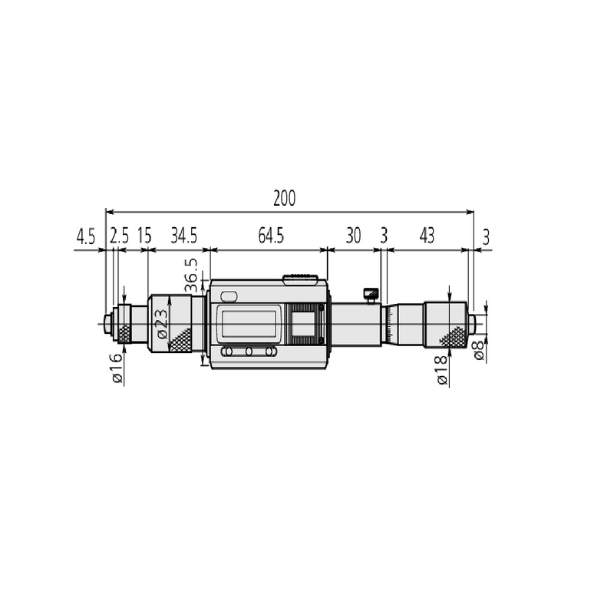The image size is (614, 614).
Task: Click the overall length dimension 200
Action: [x=284, y=198]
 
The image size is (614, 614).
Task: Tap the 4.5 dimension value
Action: [x=85, y=237]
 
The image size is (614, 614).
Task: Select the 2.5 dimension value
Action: [x=119, y=236]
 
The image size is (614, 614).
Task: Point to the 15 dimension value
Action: [x=144, y=236]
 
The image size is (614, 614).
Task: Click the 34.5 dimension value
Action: [x=183, y=236]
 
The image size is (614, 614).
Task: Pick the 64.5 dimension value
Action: [x=271, y=236]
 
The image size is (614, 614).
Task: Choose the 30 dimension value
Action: [x=353, y=236]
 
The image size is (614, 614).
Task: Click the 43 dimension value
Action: [x=427, y=236]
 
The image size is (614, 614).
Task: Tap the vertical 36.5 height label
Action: [x=191, y=276]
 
